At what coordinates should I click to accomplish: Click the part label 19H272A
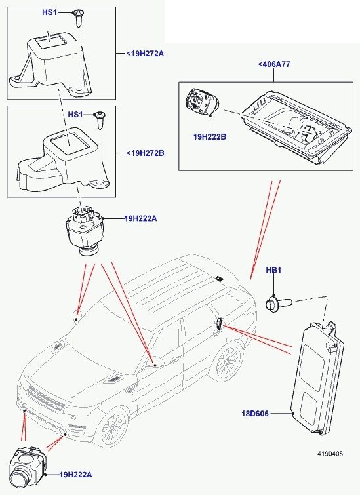pos(146,54)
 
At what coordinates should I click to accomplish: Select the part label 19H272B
pos(146,153)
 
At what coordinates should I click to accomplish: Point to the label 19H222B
pos(210,137)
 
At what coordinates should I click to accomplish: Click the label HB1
pos(273,270)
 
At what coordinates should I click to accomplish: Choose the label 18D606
pos(255,414)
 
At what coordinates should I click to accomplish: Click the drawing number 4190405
pos(330,454)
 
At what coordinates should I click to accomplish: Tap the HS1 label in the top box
pos(50,12)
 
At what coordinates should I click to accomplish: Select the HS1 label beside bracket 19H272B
pos(75,114)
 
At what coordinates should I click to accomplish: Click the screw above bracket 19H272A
pos(77,18)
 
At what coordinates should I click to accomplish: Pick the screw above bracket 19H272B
pos(100,120)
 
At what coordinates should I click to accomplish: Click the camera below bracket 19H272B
pos(85,231)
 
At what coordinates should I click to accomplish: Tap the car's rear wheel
pos(228,362)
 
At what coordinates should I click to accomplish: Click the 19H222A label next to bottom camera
pos(76,475)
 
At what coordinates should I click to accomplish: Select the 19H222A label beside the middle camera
pos(140,218)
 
